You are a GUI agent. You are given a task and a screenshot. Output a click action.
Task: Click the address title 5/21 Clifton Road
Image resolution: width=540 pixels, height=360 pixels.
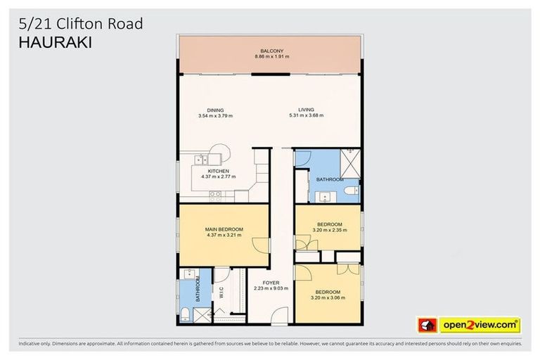80,25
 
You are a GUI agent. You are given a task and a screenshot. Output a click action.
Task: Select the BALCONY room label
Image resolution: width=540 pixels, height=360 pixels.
271,51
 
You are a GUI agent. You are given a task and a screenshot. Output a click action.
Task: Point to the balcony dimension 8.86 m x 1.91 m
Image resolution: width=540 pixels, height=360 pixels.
271,57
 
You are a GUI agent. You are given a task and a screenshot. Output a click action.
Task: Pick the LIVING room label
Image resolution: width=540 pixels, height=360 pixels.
306,110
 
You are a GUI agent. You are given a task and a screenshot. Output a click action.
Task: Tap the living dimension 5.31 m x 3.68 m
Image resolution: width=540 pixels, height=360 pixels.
306,116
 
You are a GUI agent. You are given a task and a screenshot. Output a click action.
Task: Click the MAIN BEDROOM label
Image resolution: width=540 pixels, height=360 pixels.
224,229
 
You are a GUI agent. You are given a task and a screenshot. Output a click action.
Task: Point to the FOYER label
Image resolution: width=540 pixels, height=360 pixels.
271,283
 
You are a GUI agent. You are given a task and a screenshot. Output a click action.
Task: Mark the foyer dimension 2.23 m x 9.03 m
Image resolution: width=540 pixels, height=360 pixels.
271,289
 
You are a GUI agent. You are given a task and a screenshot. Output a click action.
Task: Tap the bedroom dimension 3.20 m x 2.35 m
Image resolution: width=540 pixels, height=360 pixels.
329,231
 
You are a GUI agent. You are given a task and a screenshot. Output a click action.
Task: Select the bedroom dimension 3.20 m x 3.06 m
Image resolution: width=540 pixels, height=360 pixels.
328,298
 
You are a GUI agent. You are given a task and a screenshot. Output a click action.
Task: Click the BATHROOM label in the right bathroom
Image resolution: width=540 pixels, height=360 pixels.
329,180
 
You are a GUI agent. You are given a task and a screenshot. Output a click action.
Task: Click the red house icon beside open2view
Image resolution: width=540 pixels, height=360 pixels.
427,326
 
